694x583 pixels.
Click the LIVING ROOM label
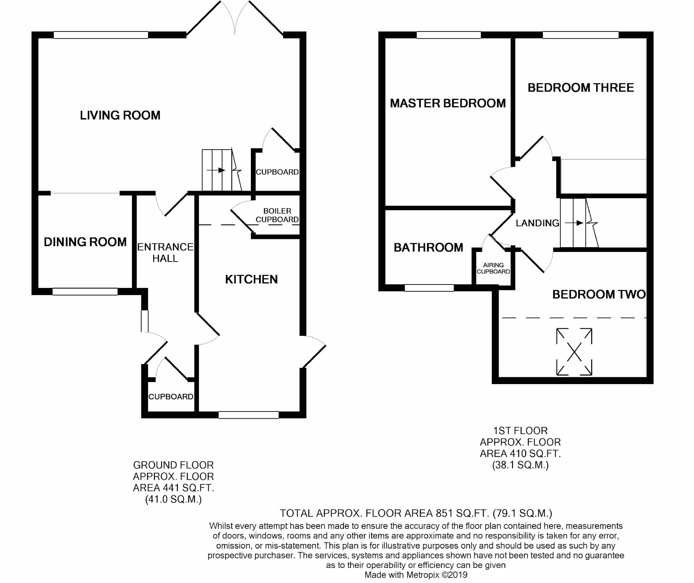click(x=120, y=115)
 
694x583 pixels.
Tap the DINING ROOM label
click(x=85, y=242)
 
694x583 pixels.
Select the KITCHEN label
click(x=251, y=279)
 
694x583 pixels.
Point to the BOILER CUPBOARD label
click(x=277, y=215)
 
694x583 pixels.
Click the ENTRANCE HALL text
click(x=165, y=253)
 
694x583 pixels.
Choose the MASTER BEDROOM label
click(x=448, y=103)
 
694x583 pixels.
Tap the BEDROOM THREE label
click(x=581, y=88)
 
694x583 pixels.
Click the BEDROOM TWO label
click(x=599, y=294)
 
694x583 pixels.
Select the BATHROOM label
click(x=428, y=248)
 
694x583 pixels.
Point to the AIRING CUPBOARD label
click(x=493, y=268)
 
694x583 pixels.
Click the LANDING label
click(x=537, y=223)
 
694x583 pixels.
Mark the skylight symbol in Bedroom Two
click(x=574, y=352)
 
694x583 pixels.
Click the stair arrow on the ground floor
click(x=216, y=170)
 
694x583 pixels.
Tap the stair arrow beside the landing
click(x=574, y=223)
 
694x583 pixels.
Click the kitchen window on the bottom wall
click(x=248, y=415)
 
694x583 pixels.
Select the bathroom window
click(x=429, y=288)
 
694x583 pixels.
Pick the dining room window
click(x=85, y=292)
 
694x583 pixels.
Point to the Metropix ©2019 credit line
click(x=416, y=575)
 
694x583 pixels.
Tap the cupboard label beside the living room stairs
click(x=277, y=172)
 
